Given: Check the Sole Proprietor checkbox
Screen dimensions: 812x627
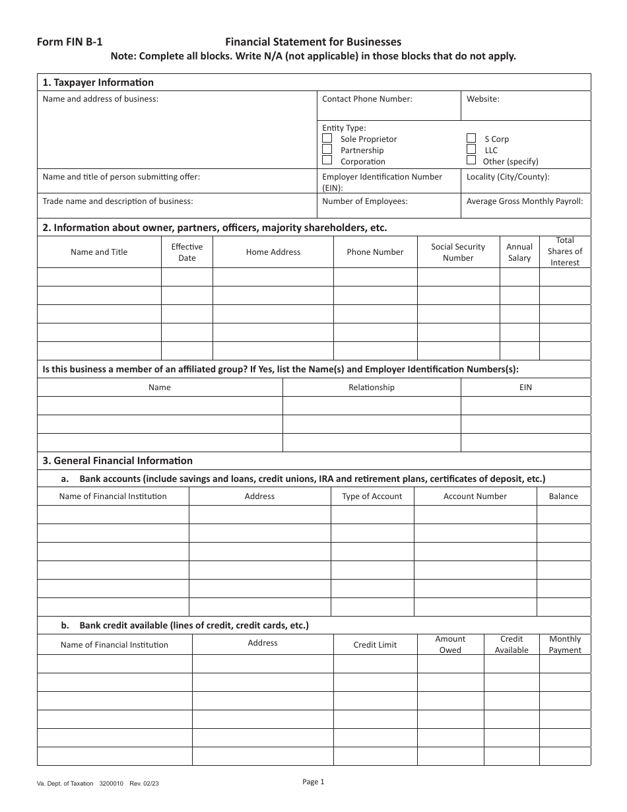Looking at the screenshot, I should click(x=327, y=139).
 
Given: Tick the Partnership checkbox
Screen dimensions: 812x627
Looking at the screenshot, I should click(x=327, y=150).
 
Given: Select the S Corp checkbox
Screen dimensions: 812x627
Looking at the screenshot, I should click(x=471, y=139).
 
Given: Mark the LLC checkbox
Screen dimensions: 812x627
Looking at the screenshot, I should click(x=471, y=149).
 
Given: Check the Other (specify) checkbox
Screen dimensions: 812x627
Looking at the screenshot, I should click(x=471, y=160).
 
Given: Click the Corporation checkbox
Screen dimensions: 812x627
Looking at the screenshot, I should click(x=327, y=160).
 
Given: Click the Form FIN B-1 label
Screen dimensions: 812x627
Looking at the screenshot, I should click(x=69, y=41).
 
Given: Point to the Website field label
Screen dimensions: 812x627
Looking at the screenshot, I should click(x=482, y=99).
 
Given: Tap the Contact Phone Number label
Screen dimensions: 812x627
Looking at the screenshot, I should click(x=367, y=99).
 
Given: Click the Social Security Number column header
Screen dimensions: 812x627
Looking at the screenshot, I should click(x=458, y=252).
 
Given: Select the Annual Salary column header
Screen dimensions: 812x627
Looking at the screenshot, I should click(x=519, y=252).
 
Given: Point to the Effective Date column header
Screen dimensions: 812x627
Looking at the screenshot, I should click(x=187, y=252).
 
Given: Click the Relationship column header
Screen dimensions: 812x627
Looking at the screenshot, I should click(x=371, y=388).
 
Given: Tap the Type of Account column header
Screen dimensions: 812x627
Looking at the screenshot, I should click(x=372, y=496).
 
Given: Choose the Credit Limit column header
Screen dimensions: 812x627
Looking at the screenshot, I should click(x=375, y=645).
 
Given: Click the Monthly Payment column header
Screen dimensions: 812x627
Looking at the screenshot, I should click(x=565, y=644).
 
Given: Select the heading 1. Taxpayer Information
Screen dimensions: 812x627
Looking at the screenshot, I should click(x=98, y=83).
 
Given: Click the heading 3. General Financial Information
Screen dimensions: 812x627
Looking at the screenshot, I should click(x=117, y=461).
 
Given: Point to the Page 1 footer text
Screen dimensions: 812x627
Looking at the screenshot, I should click(x=313, y=782).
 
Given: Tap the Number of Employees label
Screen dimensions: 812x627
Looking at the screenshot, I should click(x=365, y=201).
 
